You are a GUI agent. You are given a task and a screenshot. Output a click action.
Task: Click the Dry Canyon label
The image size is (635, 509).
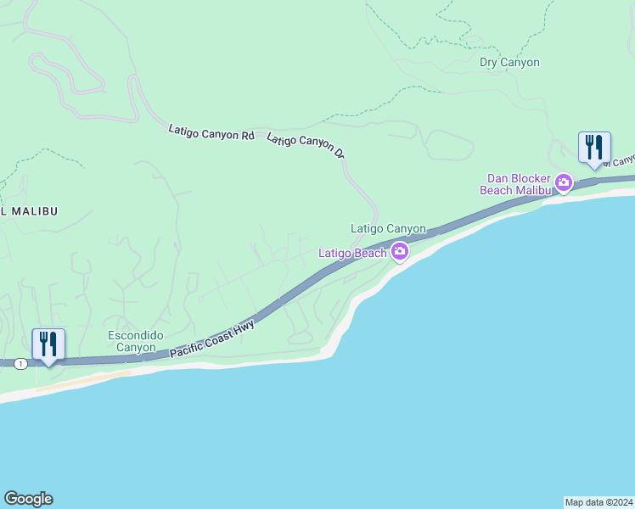click(x=509, y=62)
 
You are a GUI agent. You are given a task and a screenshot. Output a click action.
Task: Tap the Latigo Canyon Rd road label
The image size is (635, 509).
click(x=211, y=132)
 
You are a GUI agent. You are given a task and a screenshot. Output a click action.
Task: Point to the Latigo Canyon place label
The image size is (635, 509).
click(x=388, y=228)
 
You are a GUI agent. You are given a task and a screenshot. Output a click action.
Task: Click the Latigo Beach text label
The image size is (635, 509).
click(x=352, y=253)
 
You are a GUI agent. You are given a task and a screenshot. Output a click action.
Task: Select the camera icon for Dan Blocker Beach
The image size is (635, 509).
click(x=563, y=182)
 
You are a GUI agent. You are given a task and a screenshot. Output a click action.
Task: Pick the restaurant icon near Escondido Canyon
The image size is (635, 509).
click(x=48, y=344)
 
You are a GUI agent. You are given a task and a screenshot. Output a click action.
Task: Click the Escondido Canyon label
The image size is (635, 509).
click(x=132, y=341)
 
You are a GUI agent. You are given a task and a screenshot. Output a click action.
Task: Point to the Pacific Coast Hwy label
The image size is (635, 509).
click(x=212, y=338)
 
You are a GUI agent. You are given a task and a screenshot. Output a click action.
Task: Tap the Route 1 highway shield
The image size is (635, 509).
click(x=20, y=363)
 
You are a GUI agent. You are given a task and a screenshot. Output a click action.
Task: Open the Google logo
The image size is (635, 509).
click(x=28, y=499)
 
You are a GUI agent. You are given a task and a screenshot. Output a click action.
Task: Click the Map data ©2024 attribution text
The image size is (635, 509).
click(x=598, y=501)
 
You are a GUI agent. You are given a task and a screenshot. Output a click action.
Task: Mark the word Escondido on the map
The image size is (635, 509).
click(x=132, y=335)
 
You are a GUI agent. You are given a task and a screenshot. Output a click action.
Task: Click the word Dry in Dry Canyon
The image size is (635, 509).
click(x=489, y=62)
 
